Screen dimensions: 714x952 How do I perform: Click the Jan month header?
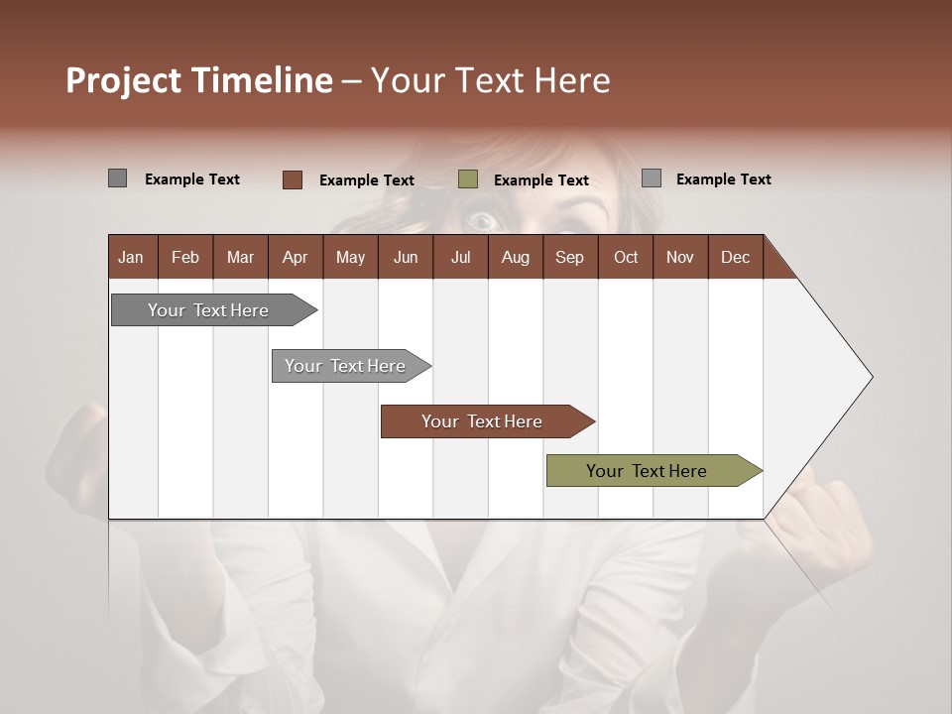(131, 257)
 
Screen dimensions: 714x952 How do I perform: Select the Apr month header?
(295, 257)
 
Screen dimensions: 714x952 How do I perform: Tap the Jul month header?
(460, 257)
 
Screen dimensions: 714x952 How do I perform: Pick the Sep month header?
(569, 257)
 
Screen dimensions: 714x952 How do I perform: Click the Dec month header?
(735, 257)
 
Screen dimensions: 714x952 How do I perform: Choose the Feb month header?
(185, 257)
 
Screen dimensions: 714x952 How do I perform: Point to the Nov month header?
(679, 257)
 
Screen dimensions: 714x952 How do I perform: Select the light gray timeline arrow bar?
(347, 366)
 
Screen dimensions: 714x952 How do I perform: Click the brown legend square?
(293, 179)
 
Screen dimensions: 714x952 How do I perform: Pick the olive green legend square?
(468, 178)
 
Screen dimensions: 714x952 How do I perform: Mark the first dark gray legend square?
(117, 178)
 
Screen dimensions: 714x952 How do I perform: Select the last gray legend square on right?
(652, 178)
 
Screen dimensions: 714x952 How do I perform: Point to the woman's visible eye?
(482, 220)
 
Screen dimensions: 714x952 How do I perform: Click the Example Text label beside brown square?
(367, 180)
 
